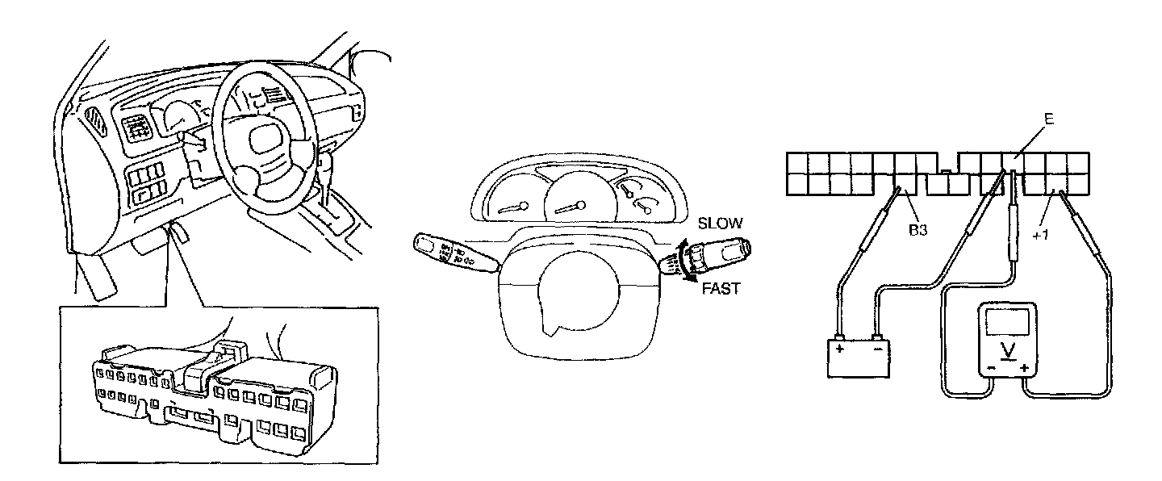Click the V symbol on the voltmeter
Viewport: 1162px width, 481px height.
[1008, 349]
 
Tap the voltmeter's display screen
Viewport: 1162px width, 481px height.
[1008, 322]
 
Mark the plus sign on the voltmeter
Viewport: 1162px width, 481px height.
[1025, 369]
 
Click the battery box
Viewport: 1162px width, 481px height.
[858, 358]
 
